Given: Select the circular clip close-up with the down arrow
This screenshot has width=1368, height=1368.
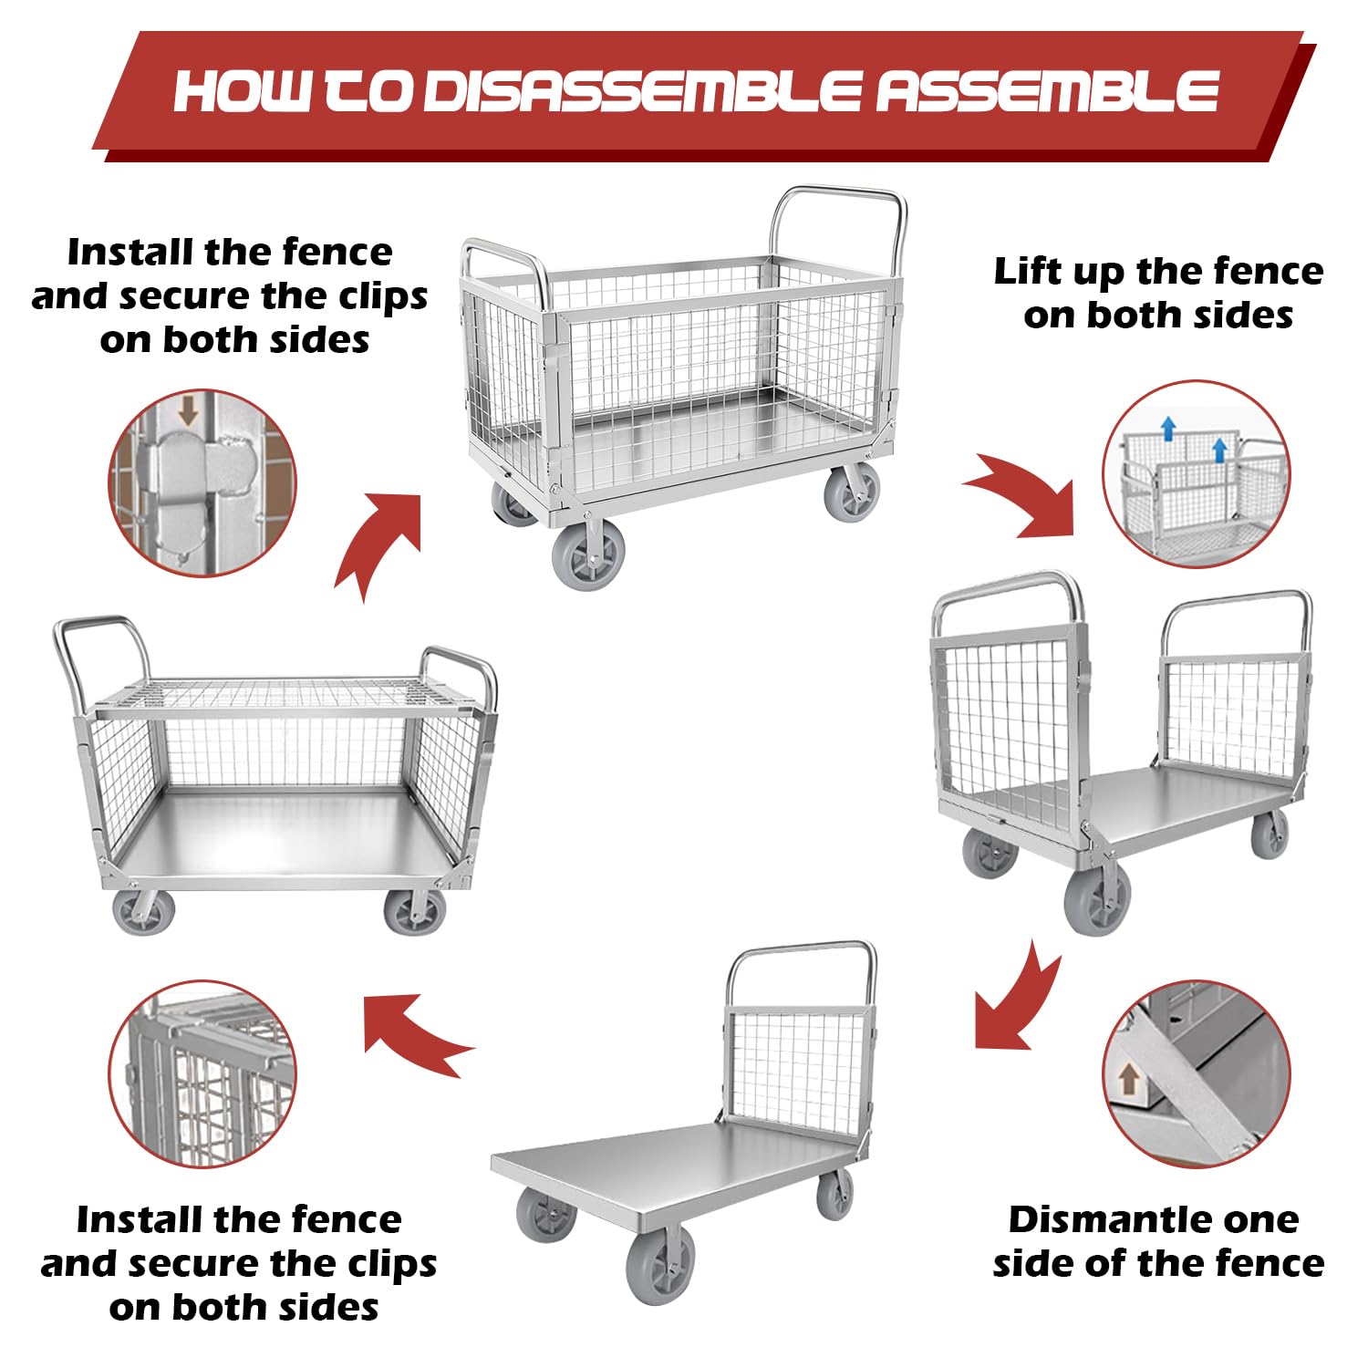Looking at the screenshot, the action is point(202,482).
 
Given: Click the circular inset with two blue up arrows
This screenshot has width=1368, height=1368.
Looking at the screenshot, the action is point(1196,474).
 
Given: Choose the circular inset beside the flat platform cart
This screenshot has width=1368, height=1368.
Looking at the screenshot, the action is point(202,1074).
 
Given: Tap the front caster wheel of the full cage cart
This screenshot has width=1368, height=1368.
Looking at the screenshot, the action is point(589,556).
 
